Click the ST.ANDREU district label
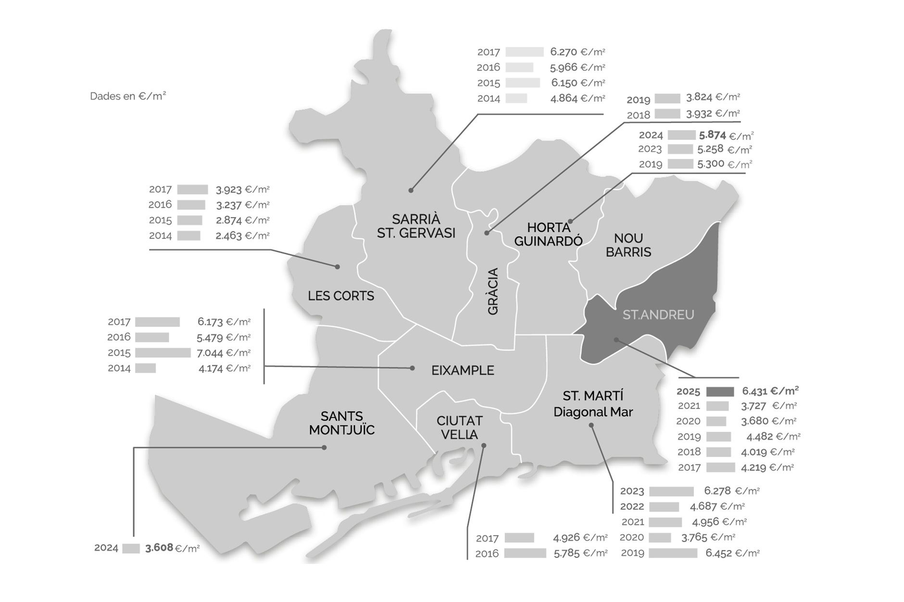coord(658,315)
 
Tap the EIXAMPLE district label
coord(463,371)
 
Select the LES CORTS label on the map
coord(341,296)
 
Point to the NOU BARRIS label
coord(628,245)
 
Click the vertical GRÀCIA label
coord(493,292)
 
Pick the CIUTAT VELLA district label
coord(459,428)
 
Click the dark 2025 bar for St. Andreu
coord(720,392)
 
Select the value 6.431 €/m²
coord(770,391)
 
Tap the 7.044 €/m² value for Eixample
coord(224,353)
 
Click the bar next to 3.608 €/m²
coord(131,548)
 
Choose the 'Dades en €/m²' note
coord(128,96)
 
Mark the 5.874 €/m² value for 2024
coord(727,136)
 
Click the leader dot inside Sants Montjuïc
coord(324,448)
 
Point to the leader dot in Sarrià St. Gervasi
coord(411,191)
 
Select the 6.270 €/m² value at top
coord(578,52)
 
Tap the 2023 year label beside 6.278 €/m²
coord(632,491)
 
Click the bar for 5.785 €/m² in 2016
coord(525,553)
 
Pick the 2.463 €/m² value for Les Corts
coord(242,236)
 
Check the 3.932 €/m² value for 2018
coord(713,114)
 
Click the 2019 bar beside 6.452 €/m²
coord(672,553)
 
